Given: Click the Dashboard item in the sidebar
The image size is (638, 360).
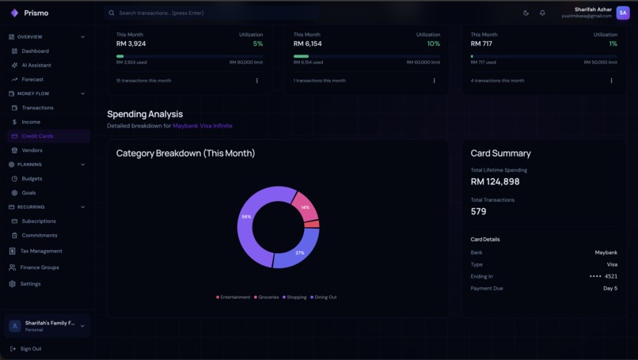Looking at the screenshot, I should [35, 51].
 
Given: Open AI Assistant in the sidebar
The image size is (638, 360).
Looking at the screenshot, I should [36, 66].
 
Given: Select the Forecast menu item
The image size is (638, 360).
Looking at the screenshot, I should [32, 80].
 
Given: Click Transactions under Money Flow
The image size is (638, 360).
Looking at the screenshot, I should [37, 108].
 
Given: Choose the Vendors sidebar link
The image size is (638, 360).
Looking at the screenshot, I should [32, 150].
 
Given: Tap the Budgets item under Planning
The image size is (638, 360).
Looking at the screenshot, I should [32, 179].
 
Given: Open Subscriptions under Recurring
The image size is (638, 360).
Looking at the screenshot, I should [39, 222].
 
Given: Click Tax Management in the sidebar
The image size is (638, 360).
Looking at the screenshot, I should [41, 252].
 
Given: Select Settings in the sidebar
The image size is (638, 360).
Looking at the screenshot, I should [30, 284].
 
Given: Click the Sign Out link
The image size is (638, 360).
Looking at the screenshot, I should [31, 349].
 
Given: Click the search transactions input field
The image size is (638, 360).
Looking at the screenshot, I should [214, 13].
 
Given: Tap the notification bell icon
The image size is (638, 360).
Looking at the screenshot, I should [542, 13].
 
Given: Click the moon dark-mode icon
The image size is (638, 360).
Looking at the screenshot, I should [526, 13].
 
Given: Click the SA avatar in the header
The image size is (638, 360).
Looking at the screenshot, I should [623, 13].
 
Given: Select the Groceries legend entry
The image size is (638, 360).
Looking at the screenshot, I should [266, 297].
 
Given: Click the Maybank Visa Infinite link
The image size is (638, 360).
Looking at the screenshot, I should [203, 126].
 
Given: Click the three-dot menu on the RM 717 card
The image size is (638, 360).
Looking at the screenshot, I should [611, 81].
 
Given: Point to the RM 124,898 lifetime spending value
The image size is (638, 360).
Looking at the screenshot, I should [495, 182].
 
